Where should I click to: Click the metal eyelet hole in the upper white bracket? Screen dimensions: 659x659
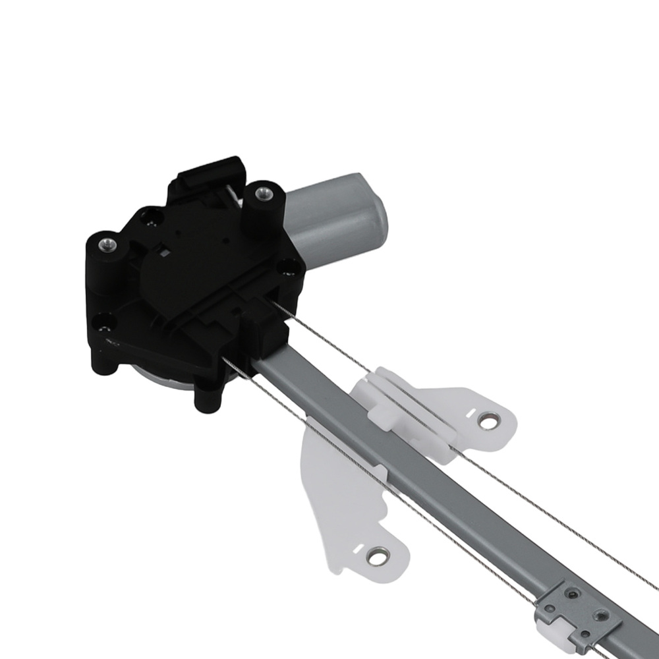coord(488,420)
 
